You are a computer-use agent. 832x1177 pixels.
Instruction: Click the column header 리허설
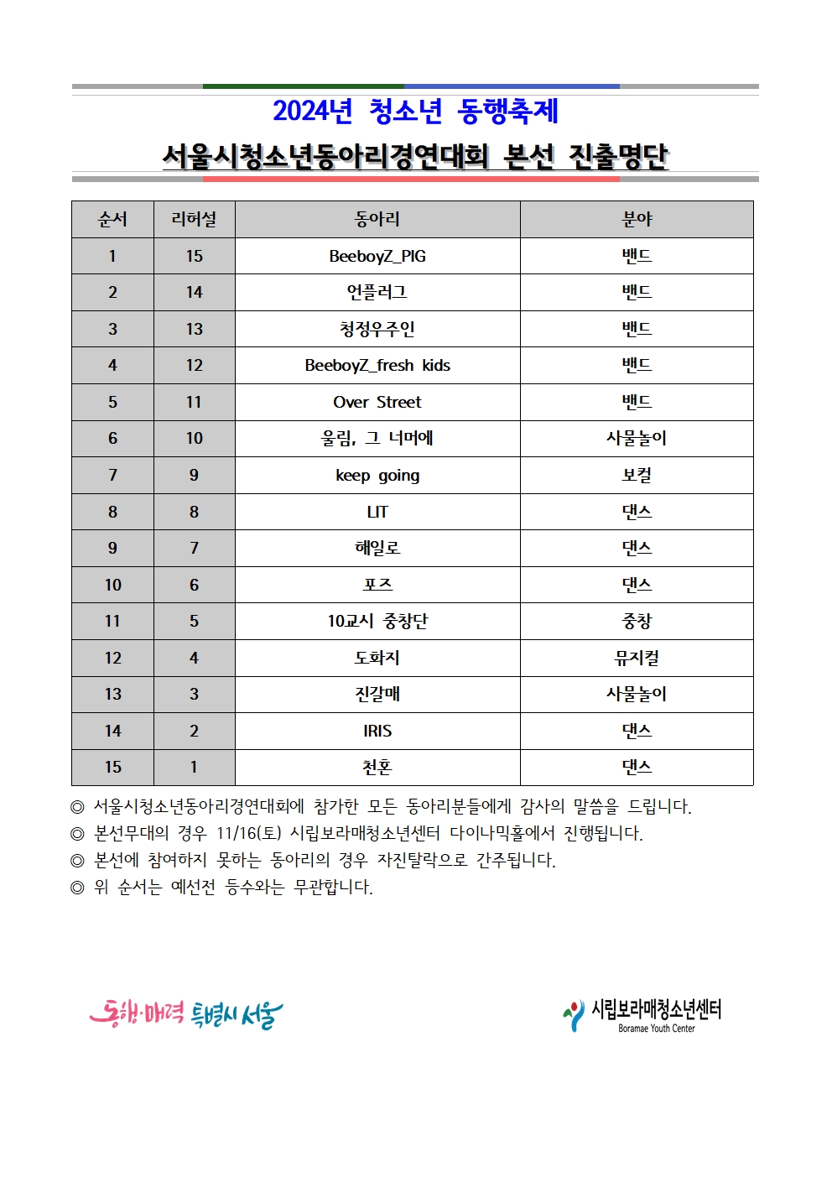tap(194, 219)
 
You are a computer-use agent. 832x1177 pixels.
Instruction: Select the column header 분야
tap(637, 219)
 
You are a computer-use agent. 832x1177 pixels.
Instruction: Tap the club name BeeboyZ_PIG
tap(377, 256)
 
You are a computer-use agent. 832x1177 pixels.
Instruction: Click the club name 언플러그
tap(377, 292)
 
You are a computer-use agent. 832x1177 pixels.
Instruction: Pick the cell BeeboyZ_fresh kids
tap(377, 365)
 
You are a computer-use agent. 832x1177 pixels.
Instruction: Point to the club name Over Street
tap(377, 402)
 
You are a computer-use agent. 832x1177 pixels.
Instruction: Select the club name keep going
tap(377, 476)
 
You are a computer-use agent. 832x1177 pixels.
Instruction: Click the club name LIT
tap(377, 512)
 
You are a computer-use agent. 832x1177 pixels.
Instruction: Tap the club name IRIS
tap(377, 731)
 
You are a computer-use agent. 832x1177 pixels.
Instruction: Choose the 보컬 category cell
tap(637, 476)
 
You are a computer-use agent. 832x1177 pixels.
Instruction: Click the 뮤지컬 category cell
tap(637, 658)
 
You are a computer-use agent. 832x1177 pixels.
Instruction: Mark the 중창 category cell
tap(637, 621)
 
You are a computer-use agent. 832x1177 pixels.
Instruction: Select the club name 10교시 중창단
tap(377, 621)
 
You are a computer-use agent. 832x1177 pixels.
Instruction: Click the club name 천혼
tap(377, 767)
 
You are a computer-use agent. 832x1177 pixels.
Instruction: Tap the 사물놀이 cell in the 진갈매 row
tap(637, 694)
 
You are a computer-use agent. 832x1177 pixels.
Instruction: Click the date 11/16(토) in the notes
tap(248, 833)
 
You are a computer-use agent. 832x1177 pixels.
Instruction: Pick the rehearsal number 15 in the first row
tap(194, 256)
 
